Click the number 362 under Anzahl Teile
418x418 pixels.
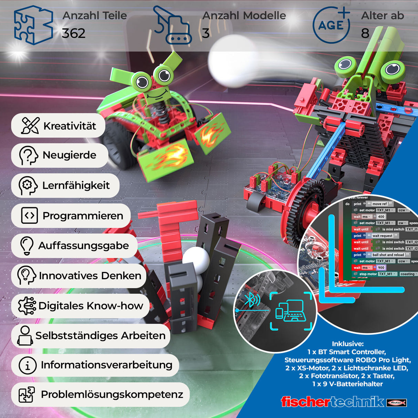(x=74, y=33)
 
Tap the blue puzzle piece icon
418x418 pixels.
(x=33, y=25)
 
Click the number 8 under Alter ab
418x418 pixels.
(x=365, y=33)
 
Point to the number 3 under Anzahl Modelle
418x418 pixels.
(x=206, y=33)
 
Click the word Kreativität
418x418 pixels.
(x=70, y=126)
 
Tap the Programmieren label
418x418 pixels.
(x=83, y=216)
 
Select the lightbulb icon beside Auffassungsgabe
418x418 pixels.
(x=27, y=245)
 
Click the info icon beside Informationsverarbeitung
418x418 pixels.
(x=27, y=365)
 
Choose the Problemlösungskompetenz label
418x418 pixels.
(x=112, y=395)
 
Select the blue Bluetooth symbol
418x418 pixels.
(x=250, y=299)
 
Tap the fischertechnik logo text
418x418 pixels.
(x=332, y=402)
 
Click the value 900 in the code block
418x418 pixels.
(x=381, y=268)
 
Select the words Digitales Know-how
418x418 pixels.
(x=91, y=306)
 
